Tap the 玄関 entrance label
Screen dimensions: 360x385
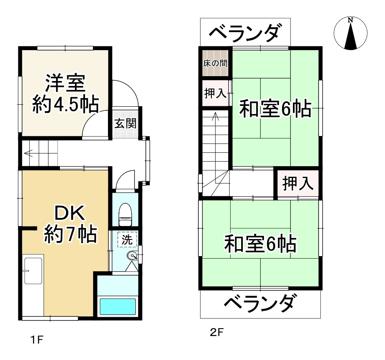point(125,123)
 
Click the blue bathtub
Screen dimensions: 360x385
point(118,306)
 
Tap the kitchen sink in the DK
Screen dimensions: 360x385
point(33,270)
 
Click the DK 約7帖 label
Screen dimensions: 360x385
point(70,224)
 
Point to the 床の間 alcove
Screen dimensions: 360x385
point(215,63)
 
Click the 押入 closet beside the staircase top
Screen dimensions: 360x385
point(215,94)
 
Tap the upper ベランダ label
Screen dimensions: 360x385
point(245,32)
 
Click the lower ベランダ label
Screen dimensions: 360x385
point(259,303)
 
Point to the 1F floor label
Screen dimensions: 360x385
point(36,339)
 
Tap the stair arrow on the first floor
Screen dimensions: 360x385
point(29,154)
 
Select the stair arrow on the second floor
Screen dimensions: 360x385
point(216,118)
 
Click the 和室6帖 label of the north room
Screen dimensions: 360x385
point(275,109)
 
